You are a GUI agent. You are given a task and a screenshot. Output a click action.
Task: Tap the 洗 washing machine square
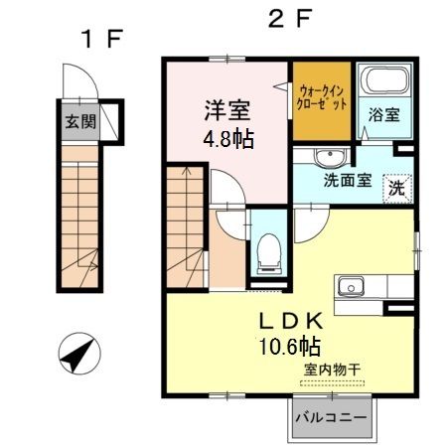coord(396,187)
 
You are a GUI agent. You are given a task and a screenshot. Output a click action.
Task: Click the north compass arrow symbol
coord(78,351)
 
